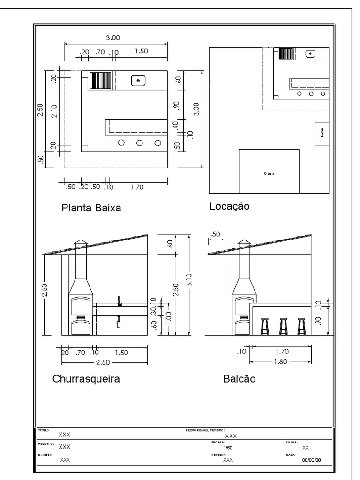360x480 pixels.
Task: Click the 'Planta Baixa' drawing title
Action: pyautogui.click(x=91, y=208)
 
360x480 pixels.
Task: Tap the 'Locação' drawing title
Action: pyautogui.click(x=229, y=206)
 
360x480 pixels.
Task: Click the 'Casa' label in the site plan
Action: pyautogui.click(x=269, y=173)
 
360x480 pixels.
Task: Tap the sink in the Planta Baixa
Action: pyautogui.click(x=139, y=81)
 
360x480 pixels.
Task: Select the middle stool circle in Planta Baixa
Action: pyautogui.click(x=139, y=142)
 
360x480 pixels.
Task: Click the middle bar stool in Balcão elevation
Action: pyautogui.click(x=283, y=326)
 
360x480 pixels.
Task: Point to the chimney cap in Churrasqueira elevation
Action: pyautogui.click(x=81, y=242)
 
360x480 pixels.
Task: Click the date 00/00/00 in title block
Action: pyautogui.click(x=311, y=460)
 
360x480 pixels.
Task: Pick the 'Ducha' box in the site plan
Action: pyautogui.click(x=322, y=133)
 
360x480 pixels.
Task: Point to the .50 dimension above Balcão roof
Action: pyautogui.click(x=216, y=234)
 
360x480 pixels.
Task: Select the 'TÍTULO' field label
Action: pyautogui.click(x=44, y=430)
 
